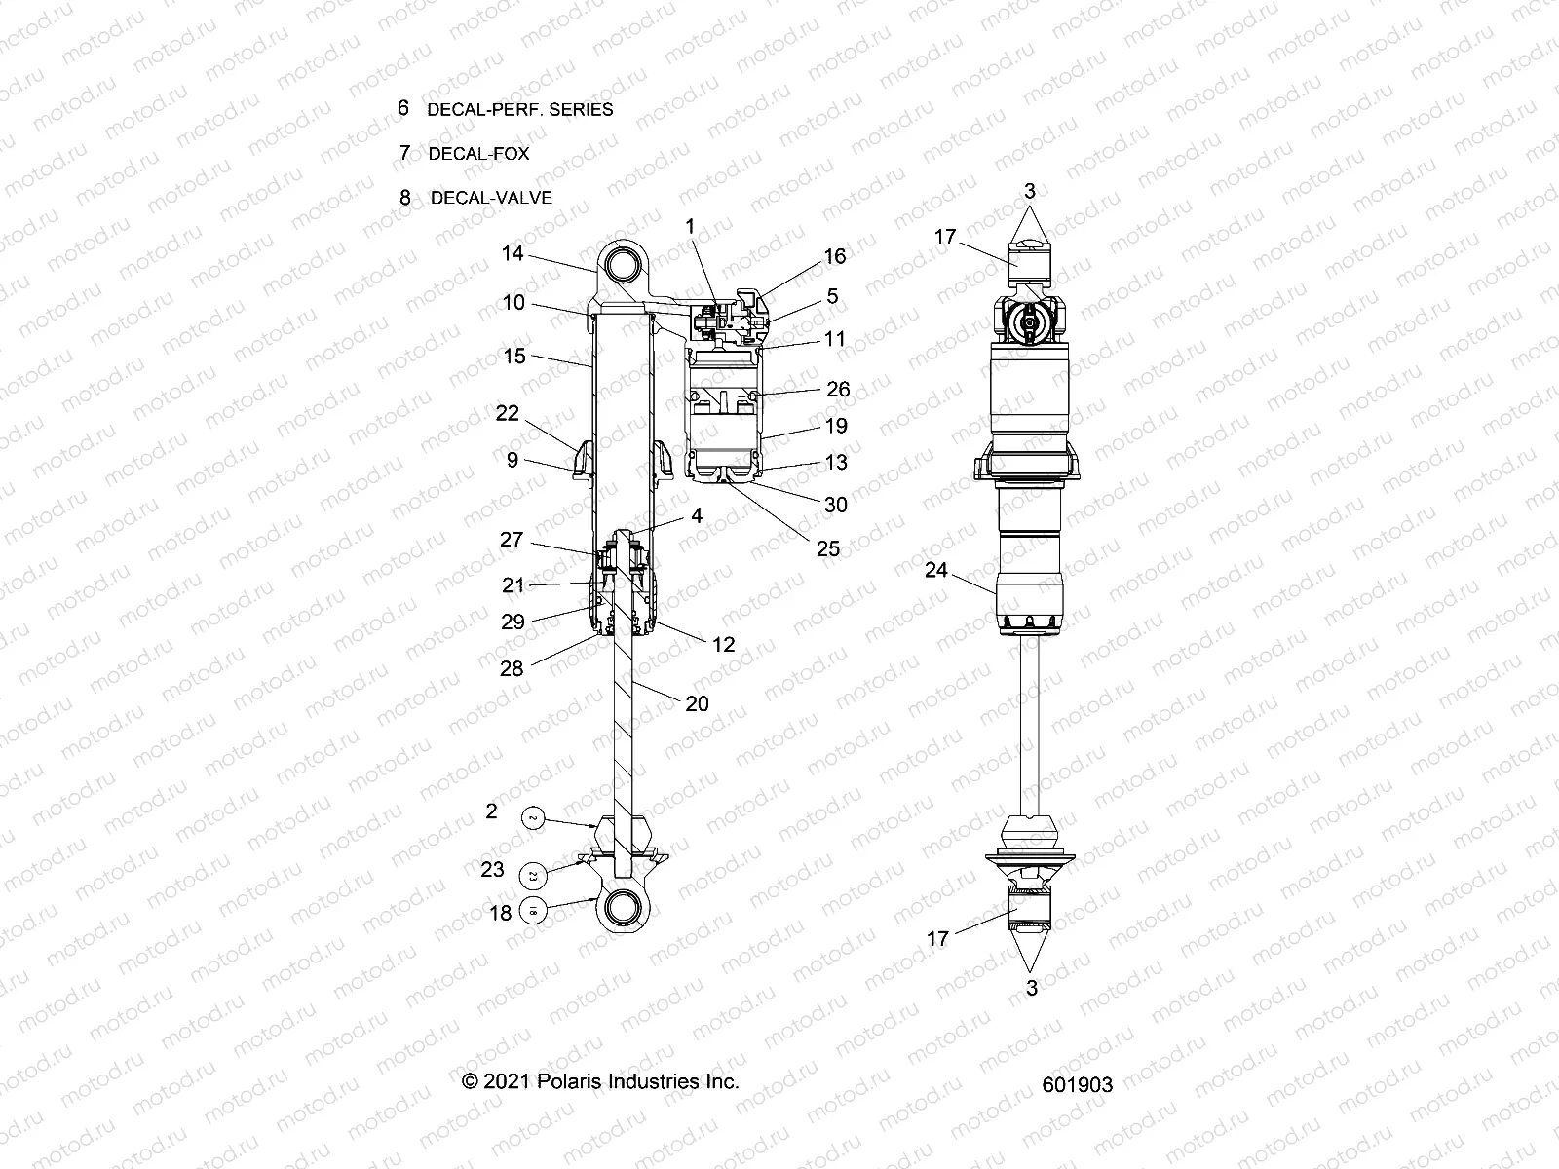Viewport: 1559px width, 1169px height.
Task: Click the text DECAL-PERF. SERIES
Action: tap(519, 109)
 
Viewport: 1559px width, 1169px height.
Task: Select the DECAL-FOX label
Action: tap(478, 153)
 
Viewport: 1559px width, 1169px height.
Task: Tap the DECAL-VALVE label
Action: tap(491, 198)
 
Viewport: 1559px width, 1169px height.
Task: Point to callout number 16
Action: tap(835, 256)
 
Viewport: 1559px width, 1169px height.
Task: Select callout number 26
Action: tap(838, 390)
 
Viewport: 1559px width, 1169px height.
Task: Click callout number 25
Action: tap(828, 549)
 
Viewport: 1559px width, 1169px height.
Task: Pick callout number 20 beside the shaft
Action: tap(697, 703)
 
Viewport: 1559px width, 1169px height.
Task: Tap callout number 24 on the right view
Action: tap(936, 570)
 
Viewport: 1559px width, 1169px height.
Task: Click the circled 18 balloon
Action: tap(534, 911)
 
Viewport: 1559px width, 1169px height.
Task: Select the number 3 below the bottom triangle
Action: tap(1032, 988)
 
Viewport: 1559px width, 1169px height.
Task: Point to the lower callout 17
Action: tap(937, 939)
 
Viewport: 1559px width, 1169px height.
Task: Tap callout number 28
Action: tap(512, 668)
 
